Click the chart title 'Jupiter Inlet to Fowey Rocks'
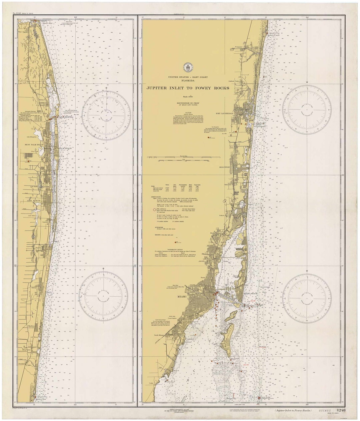tap(188, 88)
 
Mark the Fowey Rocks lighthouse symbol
tap(259, 398)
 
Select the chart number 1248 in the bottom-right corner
tap(341, 410)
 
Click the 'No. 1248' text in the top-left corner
tap(17, 13)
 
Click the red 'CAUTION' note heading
tap(188, 113)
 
